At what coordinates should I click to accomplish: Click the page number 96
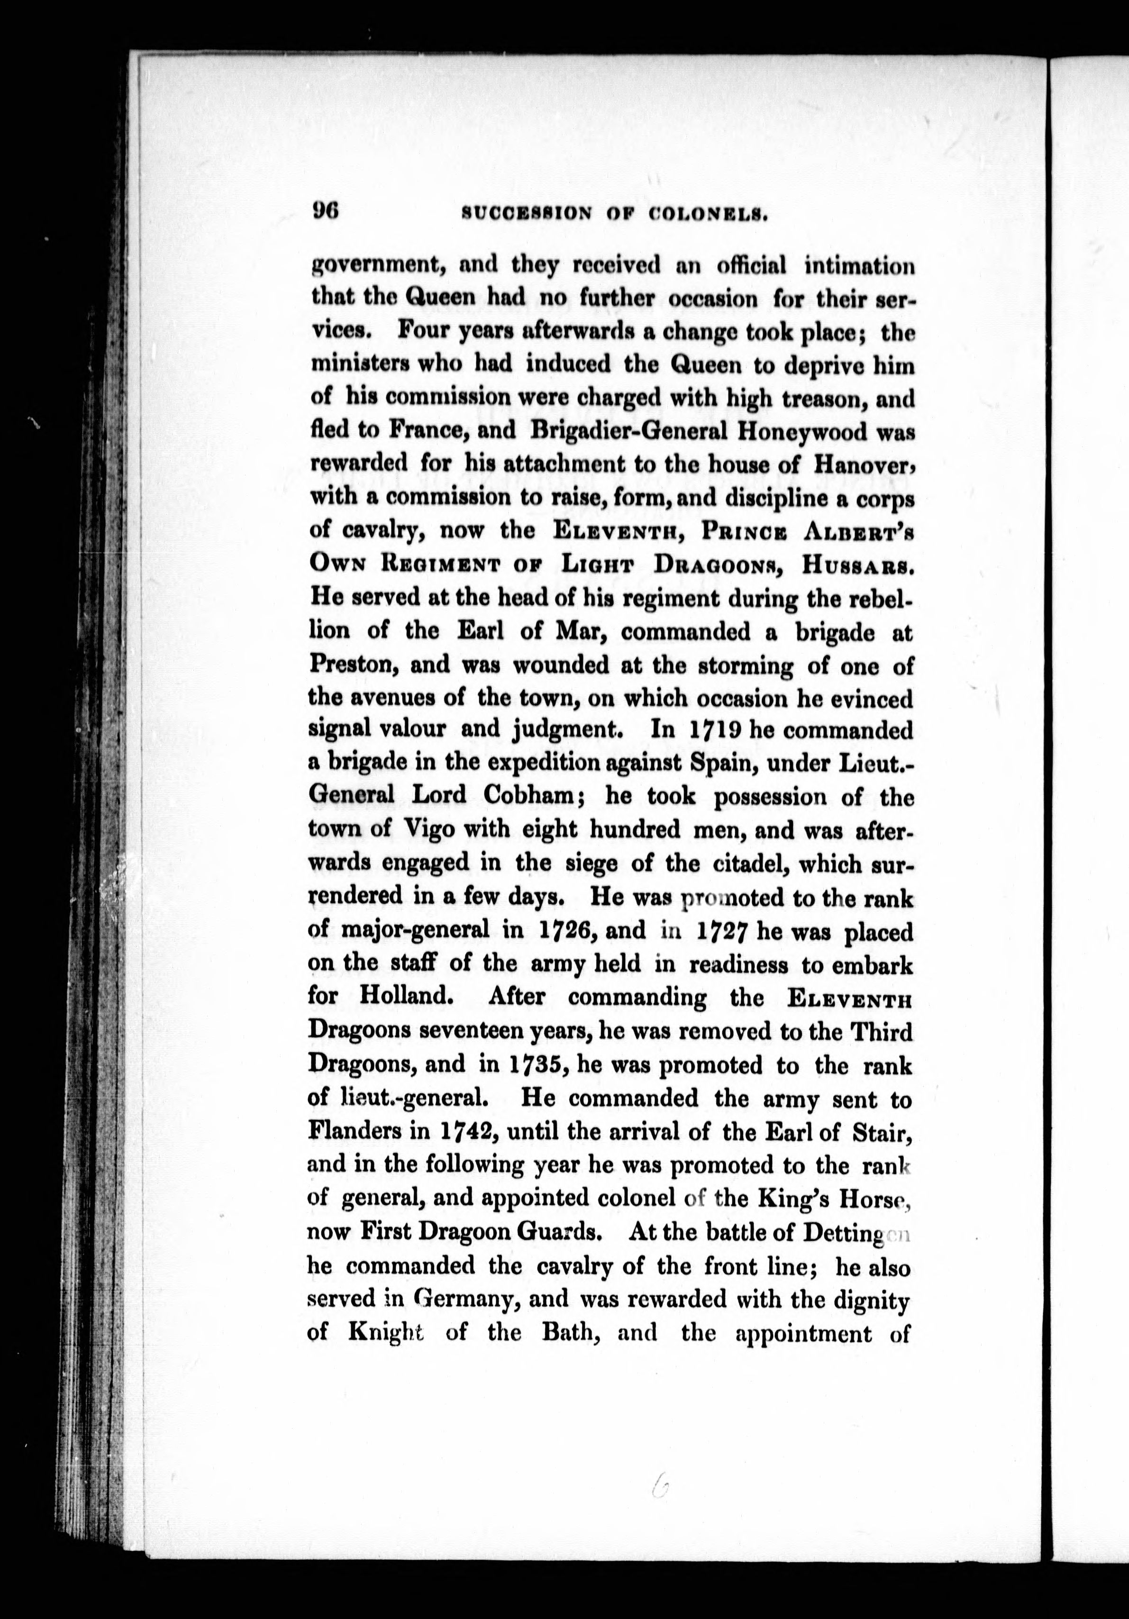326,211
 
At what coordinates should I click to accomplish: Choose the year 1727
719,931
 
